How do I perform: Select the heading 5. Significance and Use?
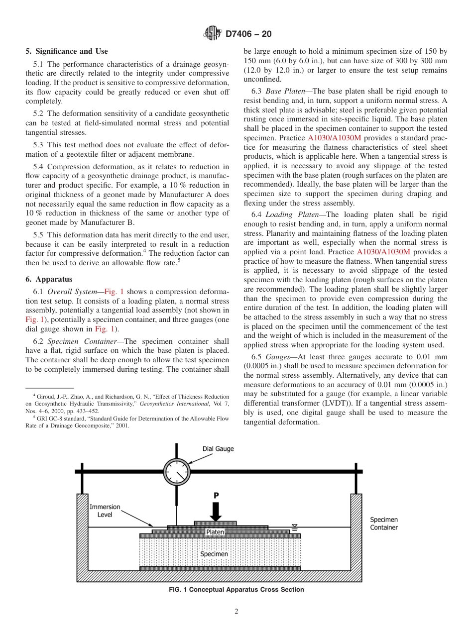(66, 51)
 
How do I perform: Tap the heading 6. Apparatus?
(49, 279)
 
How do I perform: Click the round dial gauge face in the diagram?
(177, 471)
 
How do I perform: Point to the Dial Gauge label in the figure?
(218, 449)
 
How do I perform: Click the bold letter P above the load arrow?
(216, 496)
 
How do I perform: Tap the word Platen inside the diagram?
(215, 532)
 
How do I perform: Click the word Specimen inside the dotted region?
(214, 554)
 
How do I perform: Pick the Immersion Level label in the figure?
(105, 511)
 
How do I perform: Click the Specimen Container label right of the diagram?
(383, 524)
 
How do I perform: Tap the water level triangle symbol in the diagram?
(294, 527)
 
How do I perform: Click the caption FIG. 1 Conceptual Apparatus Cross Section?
(236, 590)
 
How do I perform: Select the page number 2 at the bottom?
(236, 612)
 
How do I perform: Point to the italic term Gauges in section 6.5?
(278, 357)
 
